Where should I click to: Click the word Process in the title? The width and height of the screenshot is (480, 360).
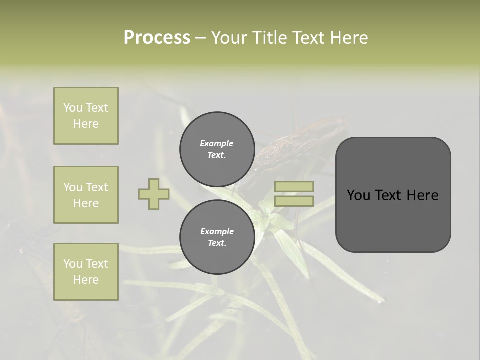click(157, 38)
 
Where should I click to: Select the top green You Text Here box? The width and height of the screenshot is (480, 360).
click(86, 116)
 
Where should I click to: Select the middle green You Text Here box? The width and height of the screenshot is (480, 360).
click(86, 195)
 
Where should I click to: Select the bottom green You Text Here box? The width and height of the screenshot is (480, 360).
click(86, 271)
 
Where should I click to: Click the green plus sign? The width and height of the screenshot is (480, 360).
click(154, 194)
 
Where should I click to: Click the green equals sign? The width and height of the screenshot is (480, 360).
click(294, 194)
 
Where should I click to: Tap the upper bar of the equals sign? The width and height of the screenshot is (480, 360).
click(294, 187)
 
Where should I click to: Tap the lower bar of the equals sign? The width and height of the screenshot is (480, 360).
click(294, 201)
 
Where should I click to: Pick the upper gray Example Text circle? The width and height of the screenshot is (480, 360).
click(217, 149)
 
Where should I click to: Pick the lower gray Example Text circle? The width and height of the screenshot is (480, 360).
click(217, 237)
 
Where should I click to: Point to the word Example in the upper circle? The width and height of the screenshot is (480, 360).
click(216, 144)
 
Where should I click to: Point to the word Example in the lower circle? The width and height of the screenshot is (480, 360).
click(217, 232)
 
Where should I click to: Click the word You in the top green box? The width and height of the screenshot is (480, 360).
click(73, 108)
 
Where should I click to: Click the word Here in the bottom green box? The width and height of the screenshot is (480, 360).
click(86, 280)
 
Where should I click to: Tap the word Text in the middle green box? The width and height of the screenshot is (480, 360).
click(97, 187)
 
